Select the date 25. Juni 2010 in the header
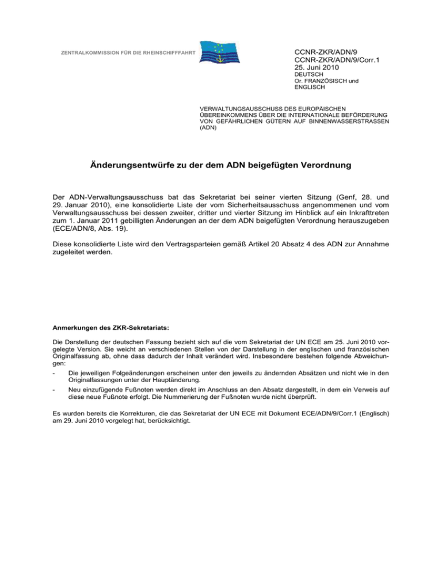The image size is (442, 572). click(318, 67)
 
